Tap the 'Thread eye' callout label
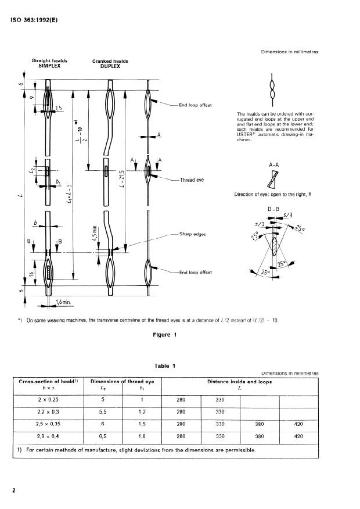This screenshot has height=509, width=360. tap(192, 180)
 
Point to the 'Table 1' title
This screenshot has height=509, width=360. tap(165, 365)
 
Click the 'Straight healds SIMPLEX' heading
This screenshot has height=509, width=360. tap(49, 63)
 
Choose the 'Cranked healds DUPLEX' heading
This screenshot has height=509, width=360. tap(110, 63)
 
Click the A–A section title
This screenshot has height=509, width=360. tap(275, 165)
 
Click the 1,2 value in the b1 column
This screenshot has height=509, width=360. tap(142, 412)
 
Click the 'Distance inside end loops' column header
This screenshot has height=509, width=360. tap(239, 381)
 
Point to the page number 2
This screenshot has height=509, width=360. tap(13, 490)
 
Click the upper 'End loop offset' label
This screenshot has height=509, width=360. tap(196, 105)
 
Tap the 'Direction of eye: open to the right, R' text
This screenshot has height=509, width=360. tap(272, 194)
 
